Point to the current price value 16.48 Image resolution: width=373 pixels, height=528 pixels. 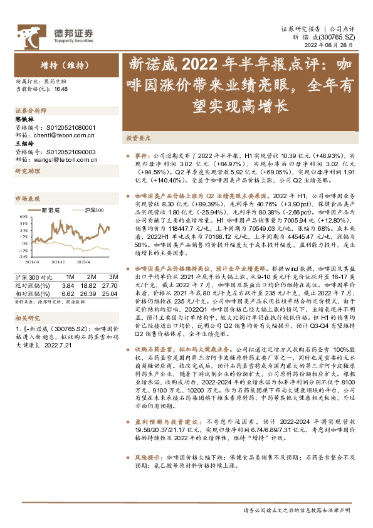(61, 90)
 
